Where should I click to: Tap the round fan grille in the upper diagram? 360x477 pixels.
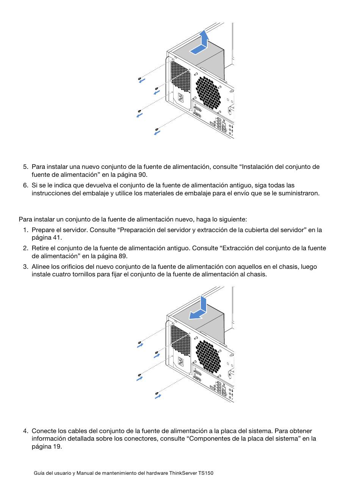pos(208,92)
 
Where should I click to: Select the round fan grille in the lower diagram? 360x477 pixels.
pos(208,356)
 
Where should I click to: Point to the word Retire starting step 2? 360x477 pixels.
pos(40,248)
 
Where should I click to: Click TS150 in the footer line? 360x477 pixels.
pos(206,473)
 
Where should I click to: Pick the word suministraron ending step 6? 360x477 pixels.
pos(299,193)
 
